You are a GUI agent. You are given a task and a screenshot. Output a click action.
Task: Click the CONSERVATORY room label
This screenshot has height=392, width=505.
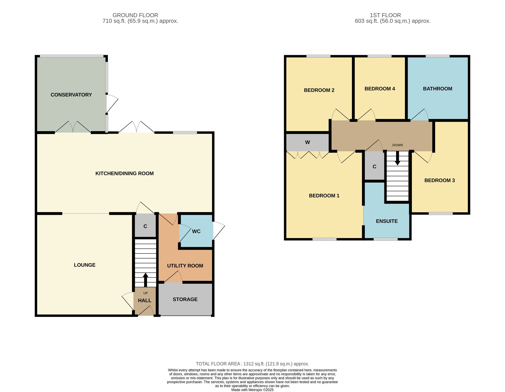[71, 95]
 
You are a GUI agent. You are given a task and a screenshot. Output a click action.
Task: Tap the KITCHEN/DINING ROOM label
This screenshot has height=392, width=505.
[124, 173]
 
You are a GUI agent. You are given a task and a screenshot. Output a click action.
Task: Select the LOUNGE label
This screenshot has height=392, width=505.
[85, 265]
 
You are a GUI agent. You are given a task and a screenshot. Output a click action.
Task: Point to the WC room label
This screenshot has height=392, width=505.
[196, 231]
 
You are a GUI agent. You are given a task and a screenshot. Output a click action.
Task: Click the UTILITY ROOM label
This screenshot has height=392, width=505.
[185, 266]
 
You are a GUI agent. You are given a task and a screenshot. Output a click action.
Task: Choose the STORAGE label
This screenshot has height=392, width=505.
[185, 299]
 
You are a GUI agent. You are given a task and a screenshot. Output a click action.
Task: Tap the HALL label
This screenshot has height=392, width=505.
[145, 301]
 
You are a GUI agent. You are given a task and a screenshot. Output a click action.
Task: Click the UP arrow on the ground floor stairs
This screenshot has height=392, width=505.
[145, 280]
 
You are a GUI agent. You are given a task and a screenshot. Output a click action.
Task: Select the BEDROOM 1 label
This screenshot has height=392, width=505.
[324, 196]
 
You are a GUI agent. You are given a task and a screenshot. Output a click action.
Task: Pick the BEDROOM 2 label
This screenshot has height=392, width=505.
[319, 90]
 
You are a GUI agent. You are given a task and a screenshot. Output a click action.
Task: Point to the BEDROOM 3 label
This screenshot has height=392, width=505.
[440, 180]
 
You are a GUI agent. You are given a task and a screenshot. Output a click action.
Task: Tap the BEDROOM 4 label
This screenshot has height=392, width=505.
[380, 89]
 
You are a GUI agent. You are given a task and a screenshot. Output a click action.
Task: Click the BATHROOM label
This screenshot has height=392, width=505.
[438, 89]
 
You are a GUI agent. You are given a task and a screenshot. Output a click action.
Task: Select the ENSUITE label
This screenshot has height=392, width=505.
[387, 221]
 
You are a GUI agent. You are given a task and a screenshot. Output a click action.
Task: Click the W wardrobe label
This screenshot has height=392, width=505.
[308, 142]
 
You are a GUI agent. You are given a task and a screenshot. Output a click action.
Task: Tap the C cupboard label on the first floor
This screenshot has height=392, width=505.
[374, 167]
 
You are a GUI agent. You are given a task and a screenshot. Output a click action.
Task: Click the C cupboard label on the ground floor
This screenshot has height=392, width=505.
[145, 226]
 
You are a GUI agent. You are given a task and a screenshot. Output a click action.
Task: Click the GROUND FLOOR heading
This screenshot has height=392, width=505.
[135, 15]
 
